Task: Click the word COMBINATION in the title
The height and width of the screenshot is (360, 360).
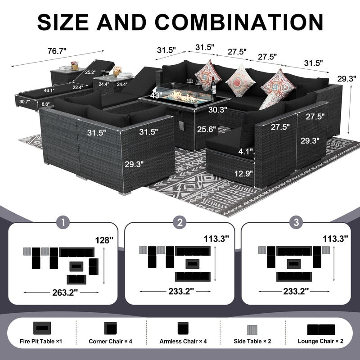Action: click(x=239, y=22)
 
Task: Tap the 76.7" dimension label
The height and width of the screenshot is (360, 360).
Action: click(x=57, y=51)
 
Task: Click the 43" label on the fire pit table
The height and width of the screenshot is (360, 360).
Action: click(x=156, y=95)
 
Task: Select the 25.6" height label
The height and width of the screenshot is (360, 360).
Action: click(x=207, y=130)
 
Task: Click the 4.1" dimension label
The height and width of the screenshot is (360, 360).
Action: click(x=245, y=151)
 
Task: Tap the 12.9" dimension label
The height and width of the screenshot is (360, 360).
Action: click(x=243, y=173)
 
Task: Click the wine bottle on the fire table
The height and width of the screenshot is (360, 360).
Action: click(x=213, y=85)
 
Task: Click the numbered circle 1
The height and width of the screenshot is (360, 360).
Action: click(x=63, y=222)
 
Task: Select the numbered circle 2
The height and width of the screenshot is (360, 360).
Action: click(x=180, y=222)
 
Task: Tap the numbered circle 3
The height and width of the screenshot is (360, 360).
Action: click(x=297, y=222)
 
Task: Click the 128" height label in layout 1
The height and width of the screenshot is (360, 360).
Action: click(x=104, y=240)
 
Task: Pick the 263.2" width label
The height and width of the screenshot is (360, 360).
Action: click(x=65, y=292)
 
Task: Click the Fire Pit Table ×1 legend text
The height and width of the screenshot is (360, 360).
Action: click(x=41, y=342)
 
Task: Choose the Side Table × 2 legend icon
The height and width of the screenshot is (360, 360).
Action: click(x=252, y=330)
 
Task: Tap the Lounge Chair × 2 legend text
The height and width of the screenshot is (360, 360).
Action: click(x=320, y=341)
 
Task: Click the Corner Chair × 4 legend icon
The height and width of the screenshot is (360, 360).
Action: click(x=110, y=328)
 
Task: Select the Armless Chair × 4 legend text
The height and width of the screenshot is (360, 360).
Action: click(x=183, y=342)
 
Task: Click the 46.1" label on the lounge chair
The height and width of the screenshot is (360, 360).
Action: click(x=49, y=90)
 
